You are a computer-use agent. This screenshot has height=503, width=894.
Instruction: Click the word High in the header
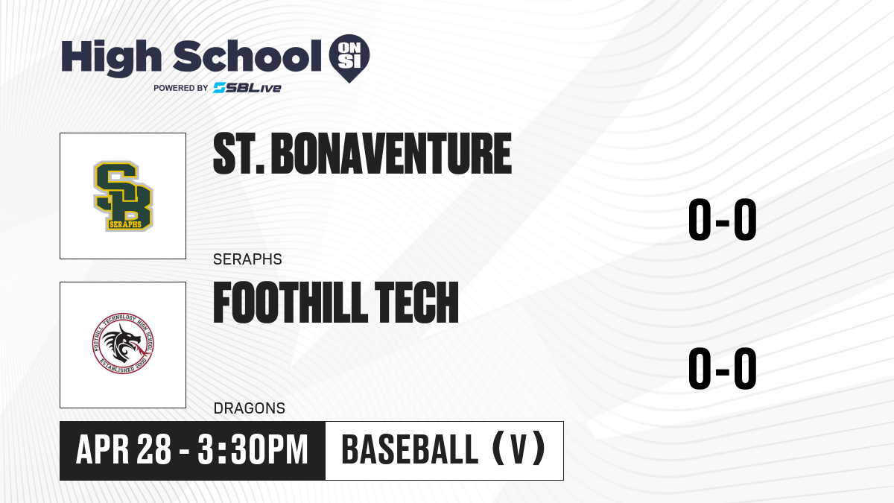111,57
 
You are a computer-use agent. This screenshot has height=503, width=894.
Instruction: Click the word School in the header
247,56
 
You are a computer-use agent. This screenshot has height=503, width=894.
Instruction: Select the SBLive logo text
247,87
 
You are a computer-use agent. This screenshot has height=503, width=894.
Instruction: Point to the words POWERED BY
181,88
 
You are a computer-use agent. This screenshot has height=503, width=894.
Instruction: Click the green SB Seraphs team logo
124,196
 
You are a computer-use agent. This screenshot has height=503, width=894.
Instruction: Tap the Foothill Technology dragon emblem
123,344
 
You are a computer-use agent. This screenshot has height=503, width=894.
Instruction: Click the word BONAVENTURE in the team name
391,154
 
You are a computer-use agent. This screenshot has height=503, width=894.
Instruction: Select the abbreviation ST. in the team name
239,154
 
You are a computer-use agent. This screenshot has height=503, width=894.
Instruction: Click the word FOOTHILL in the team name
291,303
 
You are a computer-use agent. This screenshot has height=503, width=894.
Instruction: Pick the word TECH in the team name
417,303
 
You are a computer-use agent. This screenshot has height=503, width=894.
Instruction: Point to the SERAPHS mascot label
247,259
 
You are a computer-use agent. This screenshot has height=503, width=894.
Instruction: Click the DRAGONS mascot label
250,408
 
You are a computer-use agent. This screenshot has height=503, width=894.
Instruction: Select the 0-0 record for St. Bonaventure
723,220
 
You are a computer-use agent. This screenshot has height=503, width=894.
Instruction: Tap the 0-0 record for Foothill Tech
723,368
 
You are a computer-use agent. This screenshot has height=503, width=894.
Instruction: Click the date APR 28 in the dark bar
124,449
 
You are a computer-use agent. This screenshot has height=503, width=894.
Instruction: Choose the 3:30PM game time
253,449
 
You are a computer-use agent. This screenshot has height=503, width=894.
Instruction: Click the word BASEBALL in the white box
410,449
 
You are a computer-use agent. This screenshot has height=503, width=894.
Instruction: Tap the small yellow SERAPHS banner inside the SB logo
125,224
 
